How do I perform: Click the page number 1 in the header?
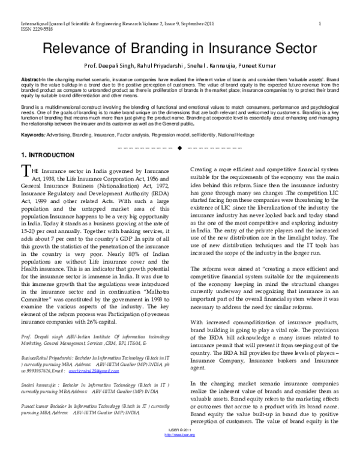click(x=320, y=23)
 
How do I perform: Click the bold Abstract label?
click(x=31, y=79)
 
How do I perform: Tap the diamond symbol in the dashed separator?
click(x=179, y=148)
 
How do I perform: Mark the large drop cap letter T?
click(x=25, y=172)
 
